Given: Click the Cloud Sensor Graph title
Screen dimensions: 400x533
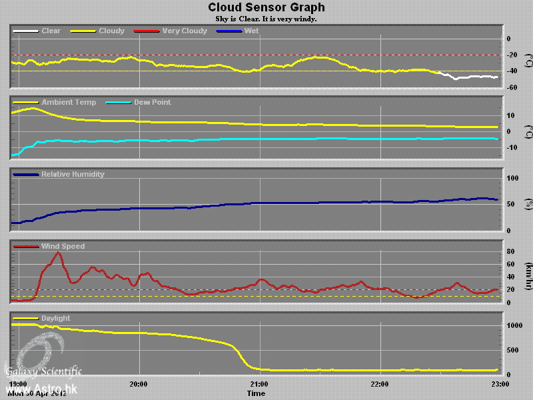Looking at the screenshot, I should (266, 8).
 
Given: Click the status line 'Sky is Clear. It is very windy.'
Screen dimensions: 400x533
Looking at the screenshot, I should (266, 19).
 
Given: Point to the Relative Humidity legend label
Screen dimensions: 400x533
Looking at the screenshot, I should (73, 174).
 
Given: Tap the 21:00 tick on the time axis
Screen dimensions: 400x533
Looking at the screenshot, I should (259, 384).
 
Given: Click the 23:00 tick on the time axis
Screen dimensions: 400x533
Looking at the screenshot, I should (500, 384).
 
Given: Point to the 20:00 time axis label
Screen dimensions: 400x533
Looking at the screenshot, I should (139, 384).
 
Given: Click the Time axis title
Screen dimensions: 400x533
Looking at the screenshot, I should (256, 393).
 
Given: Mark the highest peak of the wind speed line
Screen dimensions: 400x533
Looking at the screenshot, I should (57, 253).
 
